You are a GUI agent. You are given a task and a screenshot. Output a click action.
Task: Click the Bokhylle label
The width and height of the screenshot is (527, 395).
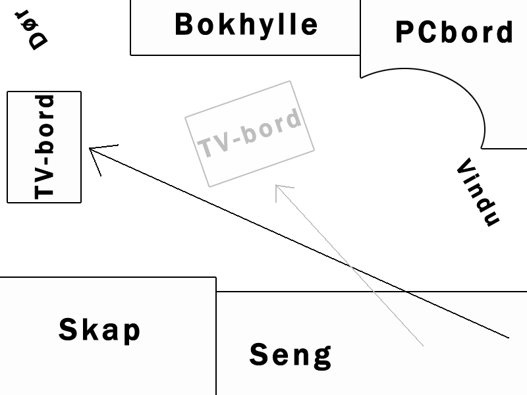246,24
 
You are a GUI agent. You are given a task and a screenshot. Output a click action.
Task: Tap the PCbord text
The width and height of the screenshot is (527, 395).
454,32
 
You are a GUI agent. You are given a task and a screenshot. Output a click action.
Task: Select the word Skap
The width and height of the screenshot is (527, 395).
99,329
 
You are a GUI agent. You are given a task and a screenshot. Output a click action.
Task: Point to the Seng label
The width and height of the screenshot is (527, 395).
290,355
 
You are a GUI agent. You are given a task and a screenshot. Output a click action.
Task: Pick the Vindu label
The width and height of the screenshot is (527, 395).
478,192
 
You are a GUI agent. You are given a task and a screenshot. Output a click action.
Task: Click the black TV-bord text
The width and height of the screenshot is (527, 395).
44,147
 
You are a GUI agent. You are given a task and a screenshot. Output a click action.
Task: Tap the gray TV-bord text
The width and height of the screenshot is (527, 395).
250,134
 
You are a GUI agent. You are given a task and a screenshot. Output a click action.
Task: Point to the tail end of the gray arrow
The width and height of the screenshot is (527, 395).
422,345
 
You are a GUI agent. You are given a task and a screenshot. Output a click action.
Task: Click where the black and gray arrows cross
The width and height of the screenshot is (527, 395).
352,267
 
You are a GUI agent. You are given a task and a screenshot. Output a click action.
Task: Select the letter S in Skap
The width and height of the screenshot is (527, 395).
69,329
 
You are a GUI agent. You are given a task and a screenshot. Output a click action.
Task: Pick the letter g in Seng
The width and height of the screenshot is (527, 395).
321,357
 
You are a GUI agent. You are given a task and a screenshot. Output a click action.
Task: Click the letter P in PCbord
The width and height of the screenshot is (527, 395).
406,32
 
